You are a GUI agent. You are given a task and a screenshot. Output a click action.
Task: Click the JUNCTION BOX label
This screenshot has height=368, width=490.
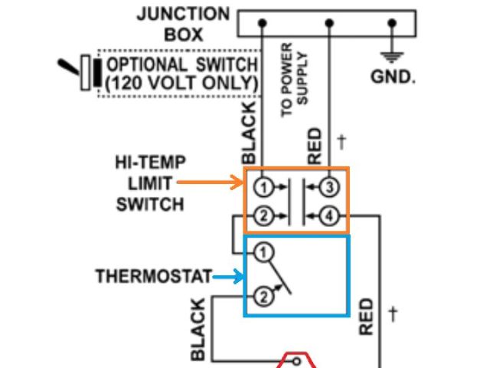(182, 25)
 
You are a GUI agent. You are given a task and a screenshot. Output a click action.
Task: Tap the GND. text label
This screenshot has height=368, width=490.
(393, 77)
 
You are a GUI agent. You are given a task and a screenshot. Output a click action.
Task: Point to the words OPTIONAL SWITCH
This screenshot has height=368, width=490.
(183, 64)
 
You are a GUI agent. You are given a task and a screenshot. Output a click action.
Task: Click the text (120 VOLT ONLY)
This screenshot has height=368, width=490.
(181, 83)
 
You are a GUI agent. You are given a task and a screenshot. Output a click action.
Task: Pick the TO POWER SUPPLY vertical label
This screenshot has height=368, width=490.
(296, 84)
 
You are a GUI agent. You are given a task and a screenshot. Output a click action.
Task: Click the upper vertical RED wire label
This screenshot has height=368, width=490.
(315, 146)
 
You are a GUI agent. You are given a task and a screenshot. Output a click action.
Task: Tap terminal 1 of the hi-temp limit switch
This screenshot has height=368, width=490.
(263, 186)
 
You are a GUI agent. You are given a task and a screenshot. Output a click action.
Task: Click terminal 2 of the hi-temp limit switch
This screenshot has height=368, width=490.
(263, 216)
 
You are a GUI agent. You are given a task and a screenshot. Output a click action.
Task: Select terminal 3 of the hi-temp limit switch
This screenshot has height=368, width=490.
(329, 186)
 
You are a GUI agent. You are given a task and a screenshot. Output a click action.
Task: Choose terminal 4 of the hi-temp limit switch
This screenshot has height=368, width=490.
(329, 216)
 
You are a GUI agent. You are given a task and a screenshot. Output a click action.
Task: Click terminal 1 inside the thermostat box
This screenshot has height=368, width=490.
(263, 252)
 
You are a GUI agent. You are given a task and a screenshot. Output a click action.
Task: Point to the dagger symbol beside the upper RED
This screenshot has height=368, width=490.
(341, 142)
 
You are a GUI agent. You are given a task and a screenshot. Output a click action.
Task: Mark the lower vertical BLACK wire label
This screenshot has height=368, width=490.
(198, 330)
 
